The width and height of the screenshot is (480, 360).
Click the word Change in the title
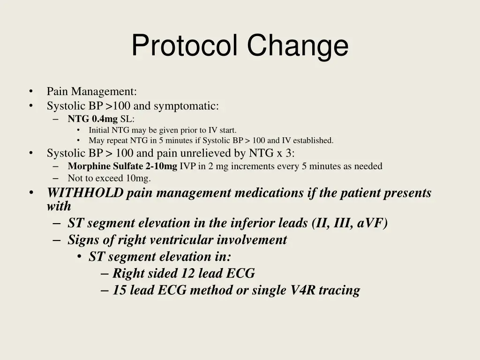tap(298, 46)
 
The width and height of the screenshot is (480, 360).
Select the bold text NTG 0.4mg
tap(92, 119)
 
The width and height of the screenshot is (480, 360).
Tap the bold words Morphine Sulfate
tap(109, 166)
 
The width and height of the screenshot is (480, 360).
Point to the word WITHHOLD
tap(85, 193)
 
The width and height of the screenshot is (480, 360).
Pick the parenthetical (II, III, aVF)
tap(350, 223)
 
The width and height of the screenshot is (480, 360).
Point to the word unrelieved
tap(212, 153)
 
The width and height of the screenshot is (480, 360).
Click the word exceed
tap(111, 178)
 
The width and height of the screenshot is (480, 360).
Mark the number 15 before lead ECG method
tap(120, 290)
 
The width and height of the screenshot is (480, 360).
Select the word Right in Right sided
tap(127, 273)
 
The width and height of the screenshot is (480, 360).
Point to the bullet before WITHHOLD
tap(31, 193)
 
